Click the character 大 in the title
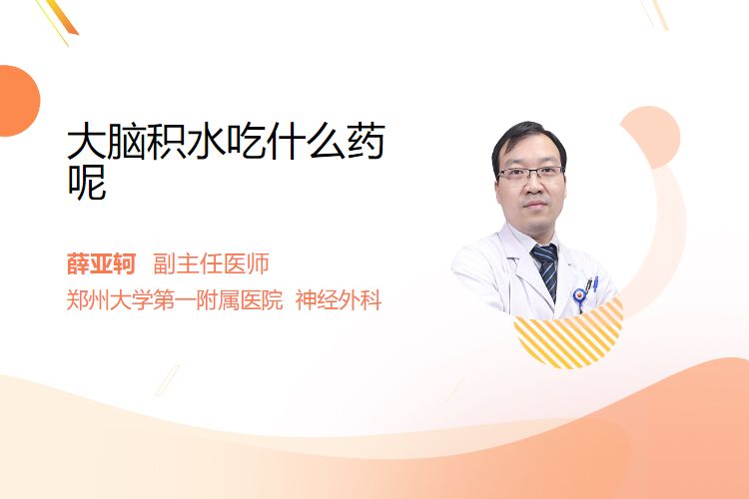tap(87, 142)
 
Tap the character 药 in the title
tap(366, 142)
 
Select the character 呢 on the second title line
tap(87, 182)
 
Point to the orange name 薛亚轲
tap(101, 264)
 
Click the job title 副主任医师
tap(211, 264)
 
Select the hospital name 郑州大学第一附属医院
tap(175, 300)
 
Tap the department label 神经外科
tap(339, 300)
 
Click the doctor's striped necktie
tap(546, 269)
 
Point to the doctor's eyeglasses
tap(530, 173)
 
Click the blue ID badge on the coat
tap(579, 296)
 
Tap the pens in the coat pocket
tap(592, 284)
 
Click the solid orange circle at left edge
tap(18, 101)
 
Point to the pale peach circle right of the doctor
tap(650, 137)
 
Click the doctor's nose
tap(533, 188)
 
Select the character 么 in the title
tap(326, 142)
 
